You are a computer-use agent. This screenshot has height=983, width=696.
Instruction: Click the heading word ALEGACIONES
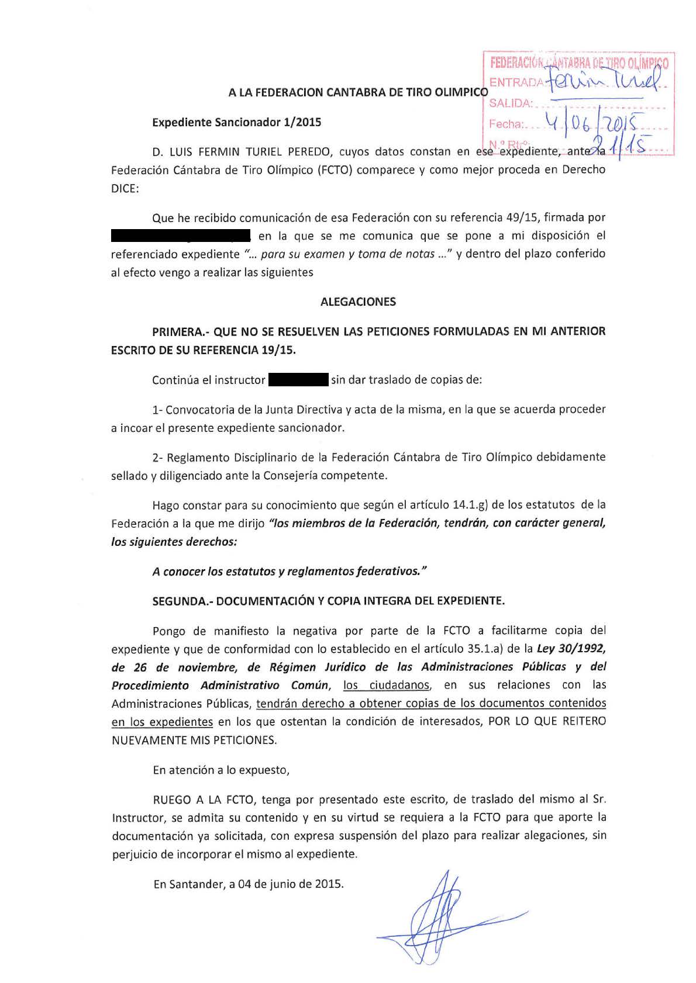pyautogui.click(x=358, y=302)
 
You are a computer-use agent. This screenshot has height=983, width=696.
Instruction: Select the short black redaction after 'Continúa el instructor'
pyautogui.click(x=298, y=380)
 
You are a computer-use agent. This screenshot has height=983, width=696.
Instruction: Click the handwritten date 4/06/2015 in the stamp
pyautogui.click(x=591, y=123)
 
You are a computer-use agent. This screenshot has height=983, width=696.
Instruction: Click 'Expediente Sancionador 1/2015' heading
pyautogui.click(x=236, y=123)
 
